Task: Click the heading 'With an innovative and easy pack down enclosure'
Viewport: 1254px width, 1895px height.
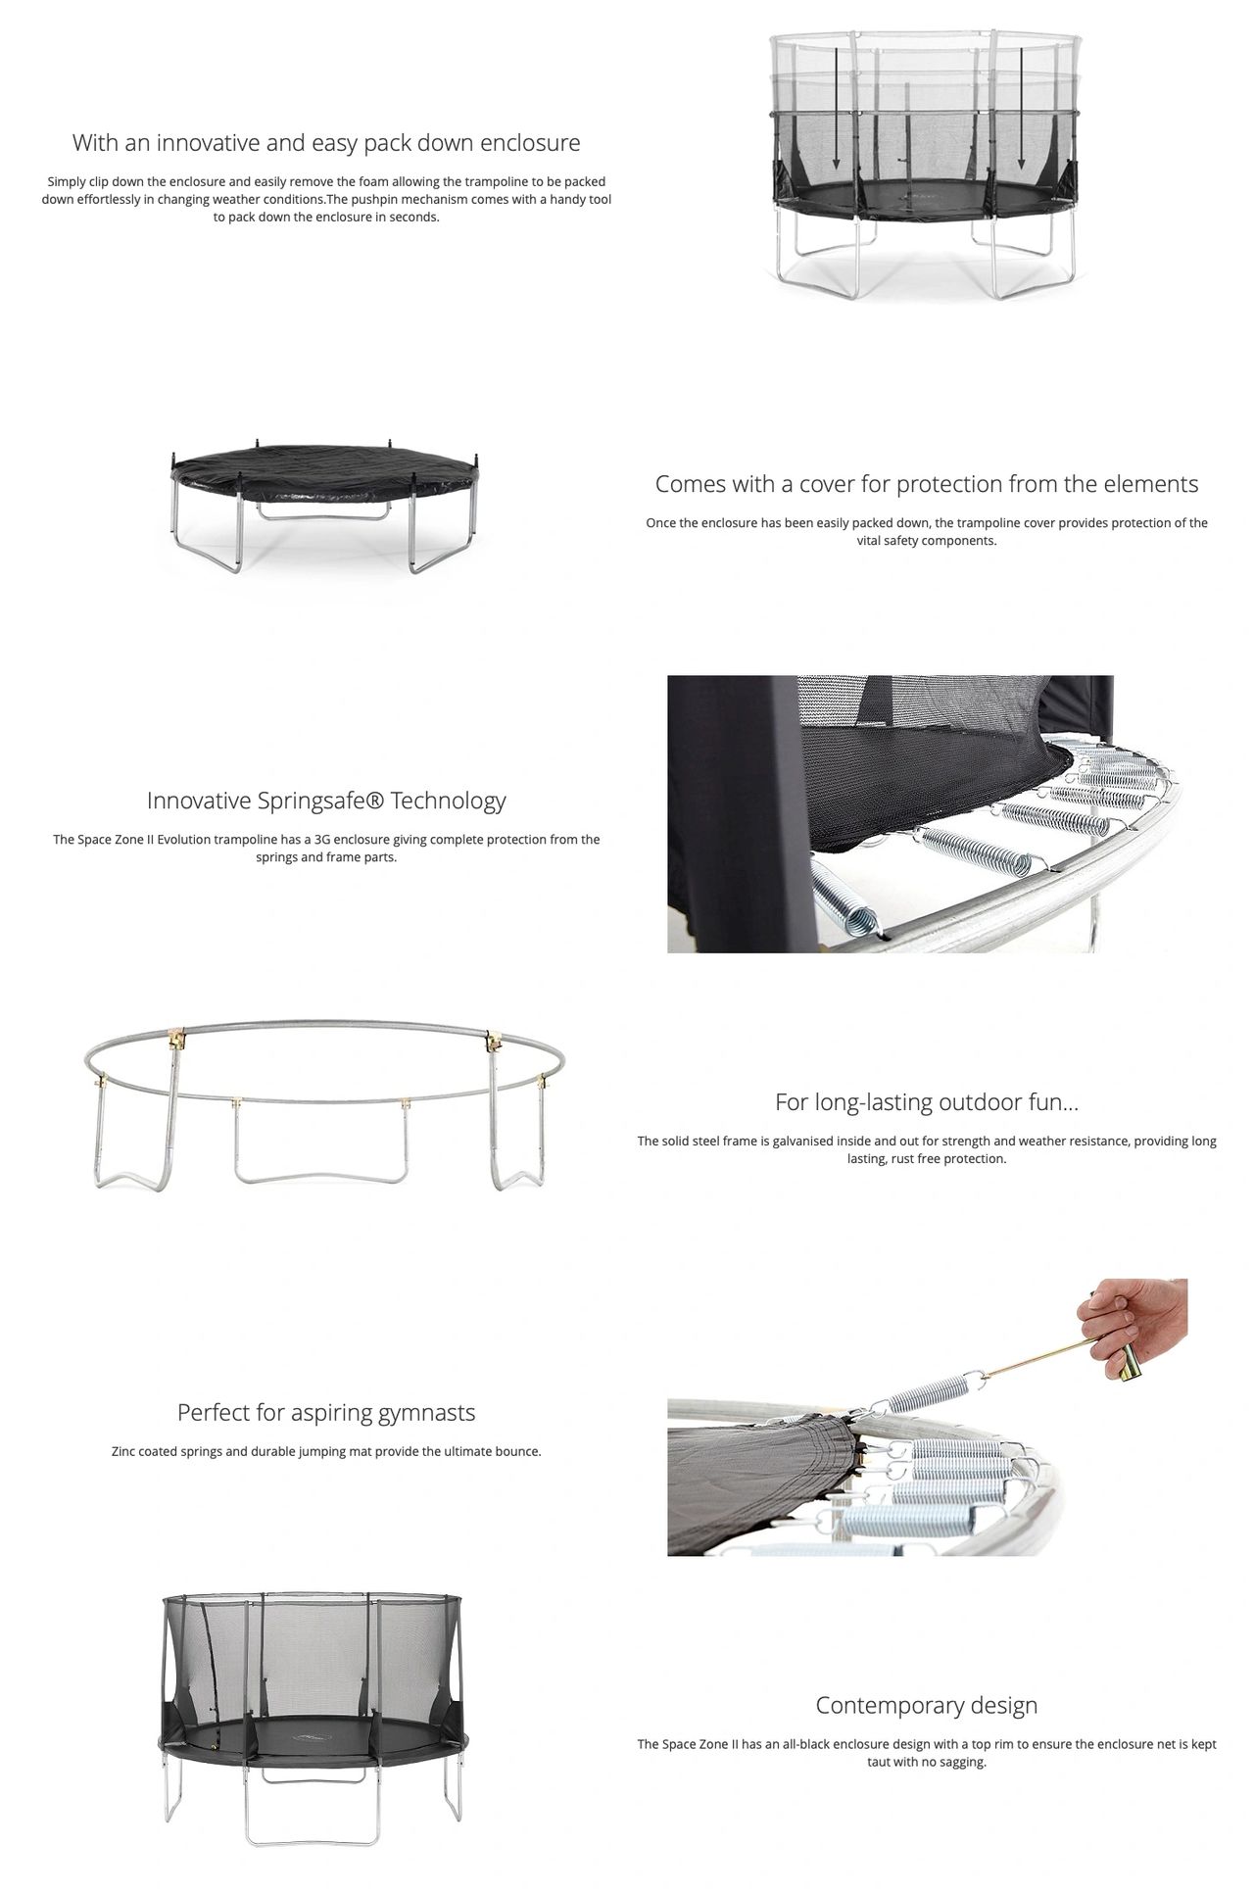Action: click(326, 143)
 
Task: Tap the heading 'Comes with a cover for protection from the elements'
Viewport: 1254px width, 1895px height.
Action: click(927, 484)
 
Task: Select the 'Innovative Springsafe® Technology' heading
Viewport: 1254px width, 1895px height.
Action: click(326, 801)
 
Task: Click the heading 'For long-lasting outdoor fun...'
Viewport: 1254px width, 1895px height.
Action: click(927, 1102)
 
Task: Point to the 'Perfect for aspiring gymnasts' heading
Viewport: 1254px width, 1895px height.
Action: click(326, 1413)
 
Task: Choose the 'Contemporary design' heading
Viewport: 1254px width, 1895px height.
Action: click(927, 1706)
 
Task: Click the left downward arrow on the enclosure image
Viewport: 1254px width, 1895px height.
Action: click(836, 110)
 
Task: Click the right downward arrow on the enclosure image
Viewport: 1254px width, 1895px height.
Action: click(1021, 110)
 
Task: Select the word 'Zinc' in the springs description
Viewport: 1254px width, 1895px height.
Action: click(123, 1452)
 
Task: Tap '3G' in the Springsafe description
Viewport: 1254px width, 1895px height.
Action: click(322, 840)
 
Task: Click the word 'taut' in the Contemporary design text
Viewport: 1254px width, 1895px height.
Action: click(880, 1762)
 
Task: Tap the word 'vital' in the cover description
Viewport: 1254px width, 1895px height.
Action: click(870, 541)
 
